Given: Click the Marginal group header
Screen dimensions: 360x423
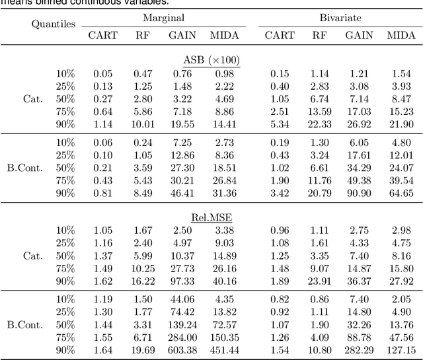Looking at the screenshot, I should pos(163,18).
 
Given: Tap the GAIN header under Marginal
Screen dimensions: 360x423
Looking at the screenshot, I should pos(182,35).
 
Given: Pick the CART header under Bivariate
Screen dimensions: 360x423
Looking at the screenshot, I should pos(280,35).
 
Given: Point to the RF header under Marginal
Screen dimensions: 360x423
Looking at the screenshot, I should pos(143,35).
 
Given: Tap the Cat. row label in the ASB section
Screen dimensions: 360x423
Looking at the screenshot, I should pos(33,98).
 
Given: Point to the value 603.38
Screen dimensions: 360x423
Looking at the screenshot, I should pos(182,349).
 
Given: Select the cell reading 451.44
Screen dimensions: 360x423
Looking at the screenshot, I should pos(223,349).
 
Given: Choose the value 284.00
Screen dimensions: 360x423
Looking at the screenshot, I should pos(182,337).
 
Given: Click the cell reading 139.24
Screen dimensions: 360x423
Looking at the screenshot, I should pos(182,325).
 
